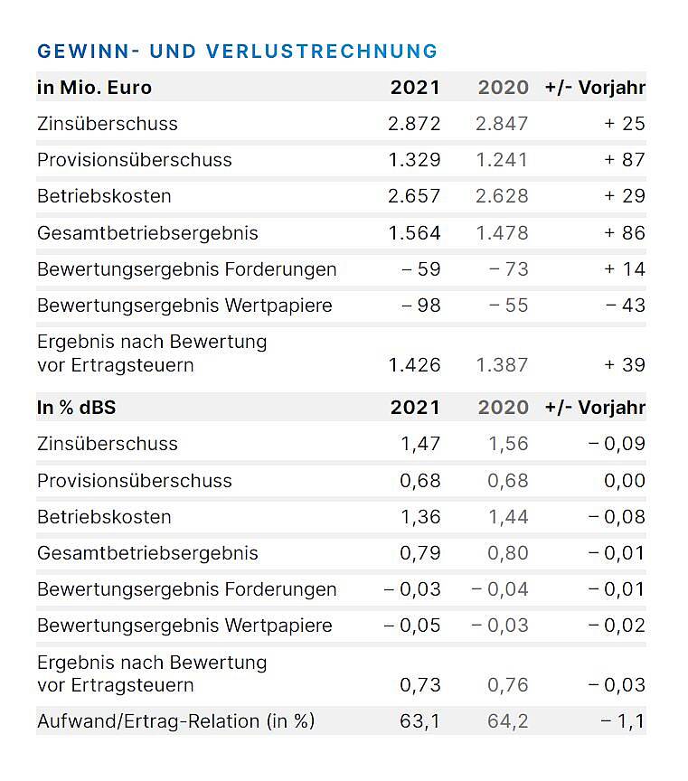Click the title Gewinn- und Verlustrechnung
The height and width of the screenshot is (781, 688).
237,51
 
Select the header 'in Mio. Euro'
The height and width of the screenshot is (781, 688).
94,88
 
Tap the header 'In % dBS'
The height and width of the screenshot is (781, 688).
77,408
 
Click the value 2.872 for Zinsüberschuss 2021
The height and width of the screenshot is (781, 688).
414,124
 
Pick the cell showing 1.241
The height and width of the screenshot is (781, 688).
502,160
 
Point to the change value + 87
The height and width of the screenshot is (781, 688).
624,160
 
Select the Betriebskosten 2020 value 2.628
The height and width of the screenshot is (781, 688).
502,196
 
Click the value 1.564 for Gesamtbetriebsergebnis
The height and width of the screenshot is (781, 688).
414,233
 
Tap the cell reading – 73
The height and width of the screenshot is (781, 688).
508,269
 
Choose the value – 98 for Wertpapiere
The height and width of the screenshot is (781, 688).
421,306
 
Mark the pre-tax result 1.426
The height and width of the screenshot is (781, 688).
414,365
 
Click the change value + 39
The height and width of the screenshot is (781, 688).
624,365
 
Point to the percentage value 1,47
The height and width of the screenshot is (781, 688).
420,444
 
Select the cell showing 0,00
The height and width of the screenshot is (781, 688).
624,481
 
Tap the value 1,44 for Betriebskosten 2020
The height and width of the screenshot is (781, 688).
508,517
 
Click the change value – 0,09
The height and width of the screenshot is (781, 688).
617,444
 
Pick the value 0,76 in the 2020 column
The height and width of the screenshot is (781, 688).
508,685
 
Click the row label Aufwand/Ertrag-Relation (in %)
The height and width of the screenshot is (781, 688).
175,721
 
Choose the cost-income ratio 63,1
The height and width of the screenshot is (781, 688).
420,721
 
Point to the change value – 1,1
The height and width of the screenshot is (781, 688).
623,721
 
